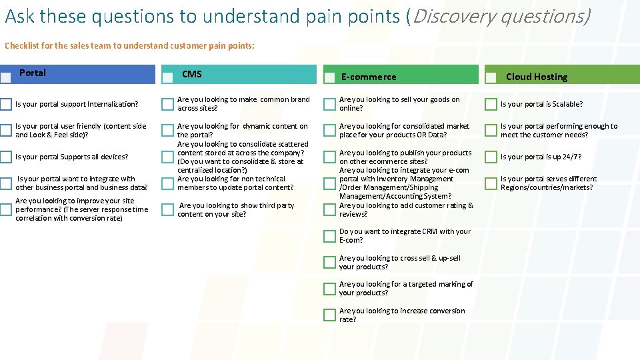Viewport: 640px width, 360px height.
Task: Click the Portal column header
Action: coord(33,73)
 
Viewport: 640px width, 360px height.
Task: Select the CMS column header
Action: coord(192,74)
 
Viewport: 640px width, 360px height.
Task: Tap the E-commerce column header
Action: coord(368,77)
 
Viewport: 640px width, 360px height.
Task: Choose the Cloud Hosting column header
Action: coord(536,77)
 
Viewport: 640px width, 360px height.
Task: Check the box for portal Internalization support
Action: coord(6,104)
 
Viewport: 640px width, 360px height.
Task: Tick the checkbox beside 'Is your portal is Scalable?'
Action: coord(491,104)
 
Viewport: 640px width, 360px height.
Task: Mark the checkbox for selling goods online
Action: coord(329,104)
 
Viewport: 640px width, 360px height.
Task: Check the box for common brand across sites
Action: coord(167,104)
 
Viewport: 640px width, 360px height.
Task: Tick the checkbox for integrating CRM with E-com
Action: coord(329,236)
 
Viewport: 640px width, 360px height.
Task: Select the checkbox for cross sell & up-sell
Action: coord(329,263)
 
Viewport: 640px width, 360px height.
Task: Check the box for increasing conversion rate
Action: coord(329,315)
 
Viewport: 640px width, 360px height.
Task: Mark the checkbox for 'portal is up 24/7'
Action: coord(491,157)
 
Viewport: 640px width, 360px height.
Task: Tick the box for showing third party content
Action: coord(167,210)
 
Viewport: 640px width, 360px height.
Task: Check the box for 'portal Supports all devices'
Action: coord(6,157)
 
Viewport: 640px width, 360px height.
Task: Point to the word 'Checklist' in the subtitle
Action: coord(21,46)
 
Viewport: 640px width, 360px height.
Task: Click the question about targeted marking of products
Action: coord(405,289)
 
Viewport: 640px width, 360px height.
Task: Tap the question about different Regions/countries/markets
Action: coord(548,183)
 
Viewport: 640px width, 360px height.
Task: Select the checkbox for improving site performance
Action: coord(6,210)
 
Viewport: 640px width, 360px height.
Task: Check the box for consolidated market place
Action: coord(329,131)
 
